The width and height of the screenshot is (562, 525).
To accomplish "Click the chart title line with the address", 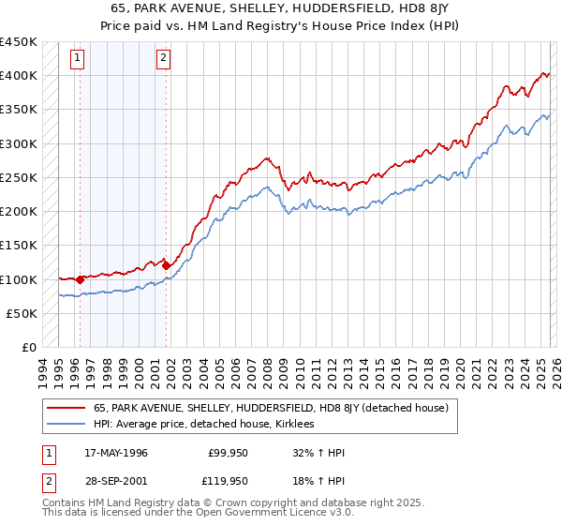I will [x=280, y=8].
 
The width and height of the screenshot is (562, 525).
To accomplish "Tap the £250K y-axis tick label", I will [x=19, y=178].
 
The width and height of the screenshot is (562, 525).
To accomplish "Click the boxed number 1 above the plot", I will [x=77, y=58].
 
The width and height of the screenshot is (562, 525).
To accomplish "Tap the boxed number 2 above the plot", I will [x=163, y=58].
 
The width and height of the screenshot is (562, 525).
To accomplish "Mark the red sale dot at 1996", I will [x=80, y=278].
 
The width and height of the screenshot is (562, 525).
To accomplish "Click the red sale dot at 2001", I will [x=167, y=265].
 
